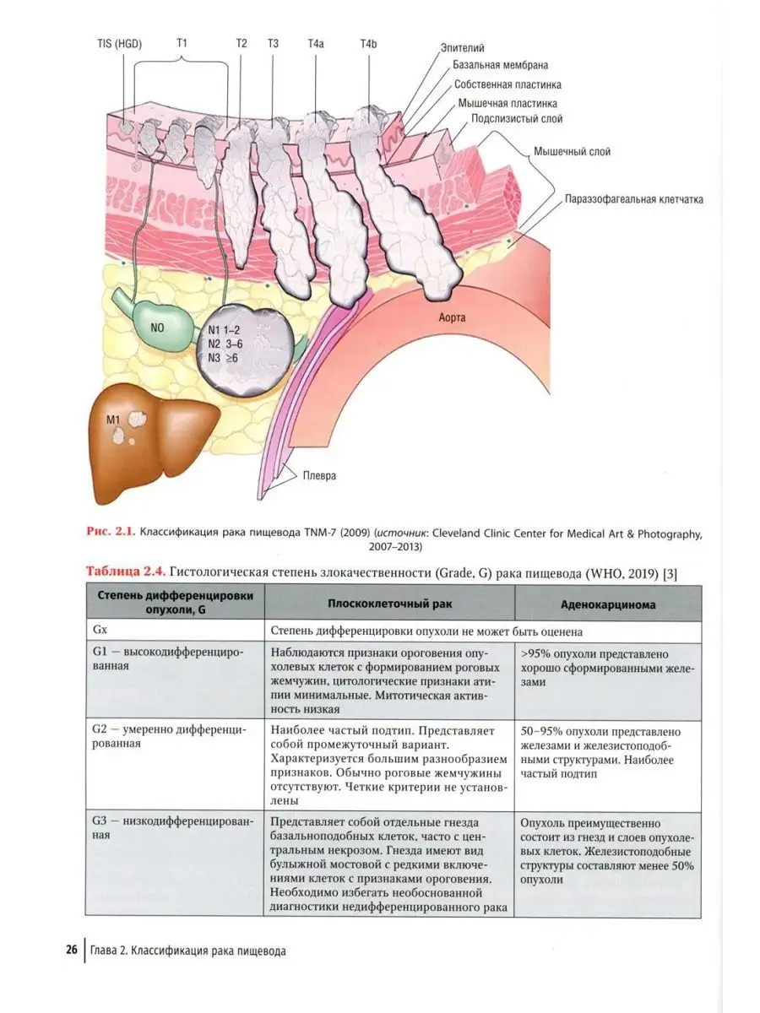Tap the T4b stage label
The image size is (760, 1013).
(369, 43)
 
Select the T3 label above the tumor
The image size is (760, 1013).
(273, 43)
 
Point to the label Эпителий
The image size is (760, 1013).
(463, 49)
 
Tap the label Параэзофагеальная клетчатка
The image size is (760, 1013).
(634, 200)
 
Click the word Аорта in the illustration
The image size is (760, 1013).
(453, 318)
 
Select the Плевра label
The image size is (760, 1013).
(319, 475)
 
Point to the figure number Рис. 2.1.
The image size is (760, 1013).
(112, 533)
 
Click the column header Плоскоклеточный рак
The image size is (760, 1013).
(388, 604)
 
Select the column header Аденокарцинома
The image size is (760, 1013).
(607, 604)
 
